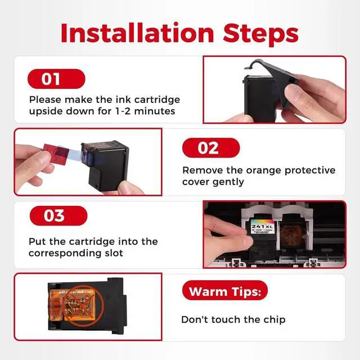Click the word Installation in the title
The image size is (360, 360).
coord(137,33)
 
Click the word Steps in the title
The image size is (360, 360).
coord(260,34)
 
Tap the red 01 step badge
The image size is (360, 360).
coord(56,79)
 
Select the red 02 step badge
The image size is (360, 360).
coord(211,148)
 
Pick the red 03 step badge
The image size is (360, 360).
coord(58,215)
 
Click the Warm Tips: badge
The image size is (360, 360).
coord(225,290)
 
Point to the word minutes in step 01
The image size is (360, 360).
coord(155,111)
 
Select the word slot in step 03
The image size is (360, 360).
coord(114,253)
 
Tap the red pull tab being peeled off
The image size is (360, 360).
coord(55,152)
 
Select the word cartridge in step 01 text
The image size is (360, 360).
coord(157,100)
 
